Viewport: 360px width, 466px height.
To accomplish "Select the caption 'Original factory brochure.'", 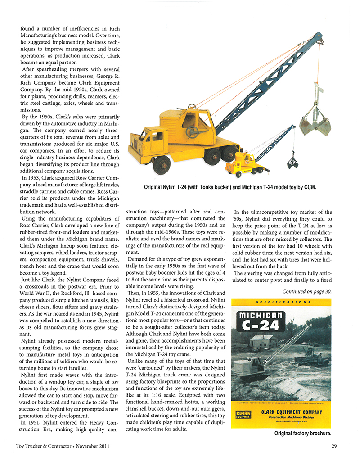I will coord(302,434).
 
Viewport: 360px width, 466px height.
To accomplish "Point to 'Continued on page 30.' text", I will coord(307,291).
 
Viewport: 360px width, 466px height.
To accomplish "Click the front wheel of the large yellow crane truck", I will coord(161,165).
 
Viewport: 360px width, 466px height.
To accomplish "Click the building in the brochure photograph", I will coord(264,341).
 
